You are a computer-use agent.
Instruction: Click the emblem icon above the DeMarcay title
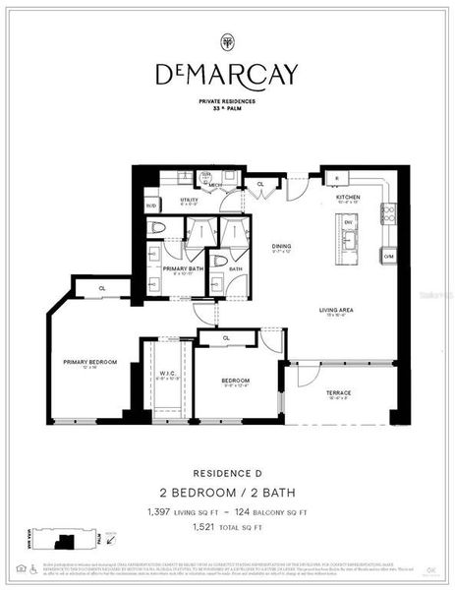[x=227, y=41]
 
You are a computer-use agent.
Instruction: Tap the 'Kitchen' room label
[x=349, y=198]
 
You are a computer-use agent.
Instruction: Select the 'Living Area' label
[x=336, y=312]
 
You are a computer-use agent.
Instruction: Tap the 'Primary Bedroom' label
[x=90, y=363]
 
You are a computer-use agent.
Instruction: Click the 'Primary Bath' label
[x=183, y=268]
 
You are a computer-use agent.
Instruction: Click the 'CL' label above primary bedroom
[x=103, y=288]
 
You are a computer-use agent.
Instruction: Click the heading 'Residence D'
[x=227, y=472]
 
